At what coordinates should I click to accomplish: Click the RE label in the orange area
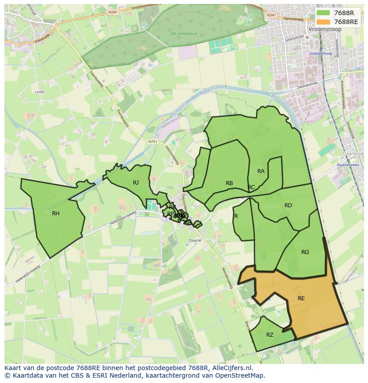[x=301, y=298]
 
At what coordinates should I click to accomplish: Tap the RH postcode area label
[x=56, y=214]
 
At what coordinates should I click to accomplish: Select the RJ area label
[x=136, y=182]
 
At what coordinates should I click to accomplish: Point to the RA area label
[x=261, y=171]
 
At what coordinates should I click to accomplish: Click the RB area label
[x=229, y=183]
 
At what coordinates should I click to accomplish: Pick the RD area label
[x=288, y=206]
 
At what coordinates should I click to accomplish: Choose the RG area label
[x=305, y=252]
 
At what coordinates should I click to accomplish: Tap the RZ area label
[x=270, y=335]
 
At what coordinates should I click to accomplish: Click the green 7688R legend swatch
[x=323, y=12]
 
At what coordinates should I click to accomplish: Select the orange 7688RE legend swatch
[x=323, y=21]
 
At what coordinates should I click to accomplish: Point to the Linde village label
[x=39, y=92]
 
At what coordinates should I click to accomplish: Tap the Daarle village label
[x=195, y=240]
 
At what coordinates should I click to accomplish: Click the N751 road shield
[x=153, y=141]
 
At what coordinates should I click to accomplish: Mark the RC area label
[x=252, y=187]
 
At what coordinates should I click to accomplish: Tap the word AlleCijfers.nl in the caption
[x=232, y=368]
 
